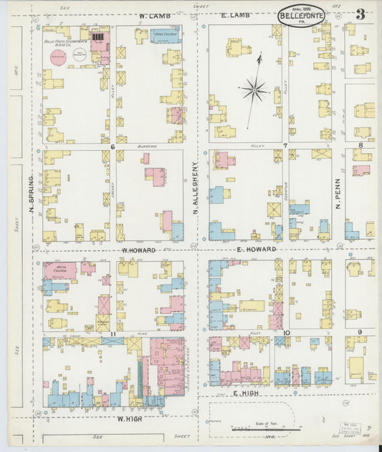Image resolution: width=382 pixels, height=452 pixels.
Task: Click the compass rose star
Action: [x=253, y=90]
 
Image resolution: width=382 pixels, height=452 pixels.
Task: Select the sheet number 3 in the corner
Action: [x=360, y=14]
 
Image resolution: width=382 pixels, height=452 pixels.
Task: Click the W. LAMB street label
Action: [x=153, y=15]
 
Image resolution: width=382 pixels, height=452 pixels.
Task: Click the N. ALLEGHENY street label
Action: [x=194, y=187]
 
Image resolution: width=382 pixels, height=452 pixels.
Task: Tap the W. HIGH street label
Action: [x=126, y=418]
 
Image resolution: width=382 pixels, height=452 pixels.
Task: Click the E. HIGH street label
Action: [x=244, y=393]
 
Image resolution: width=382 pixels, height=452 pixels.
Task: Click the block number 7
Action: [x=285, y=147]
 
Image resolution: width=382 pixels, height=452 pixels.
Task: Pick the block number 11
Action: [x=113, y=334]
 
